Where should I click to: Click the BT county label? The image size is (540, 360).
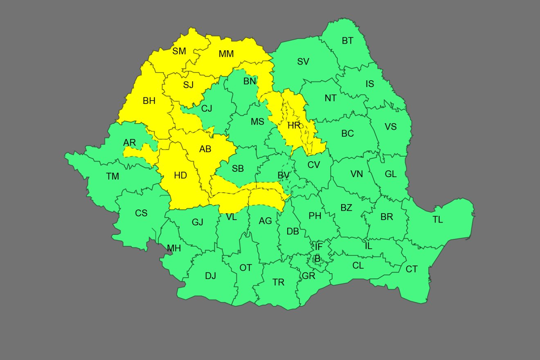tap(347, 41)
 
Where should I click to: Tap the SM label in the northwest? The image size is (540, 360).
tap(179, 51)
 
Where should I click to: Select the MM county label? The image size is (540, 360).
tap(226, 54)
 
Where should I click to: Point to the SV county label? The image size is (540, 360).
tap(303, 62)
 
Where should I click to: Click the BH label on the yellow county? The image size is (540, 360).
tap(149, 101)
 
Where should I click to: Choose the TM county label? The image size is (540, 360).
tap(112, 176)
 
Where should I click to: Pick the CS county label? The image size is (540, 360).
tap(141, 213)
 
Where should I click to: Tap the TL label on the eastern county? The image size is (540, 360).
tap(438, 220)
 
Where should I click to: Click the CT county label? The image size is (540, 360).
tap(412, 269)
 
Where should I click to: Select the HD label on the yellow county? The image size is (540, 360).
tap(180, 175)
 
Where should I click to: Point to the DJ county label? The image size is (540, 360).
tap(210, 276)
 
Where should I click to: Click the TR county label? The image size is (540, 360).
tap(278, 282)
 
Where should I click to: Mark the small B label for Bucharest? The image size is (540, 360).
tap(317, 259)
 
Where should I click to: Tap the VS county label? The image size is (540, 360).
tap(391, 126)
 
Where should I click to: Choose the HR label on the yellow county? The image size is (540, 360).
tap(294, 126)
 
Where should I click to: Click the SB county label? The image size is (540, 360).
tap(238, 169)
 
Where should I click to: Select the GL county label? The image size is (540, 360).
tap(391, 174)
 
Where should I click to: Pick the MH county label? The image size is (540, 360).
tap(174, 248)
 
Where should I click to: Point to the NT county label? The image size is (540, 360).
tap(331, 98)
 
